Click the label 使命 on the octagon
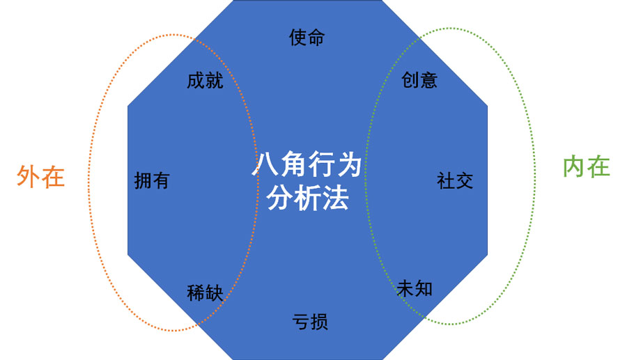tap(307, 38)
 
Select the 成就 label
tap(205, 80)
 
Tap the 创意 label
tap(419, 80)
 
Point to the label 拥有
tap(151, 181)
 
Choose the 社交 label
tap(455, 181)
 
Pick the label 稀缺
tap(205, 293)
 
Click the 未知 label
tap(415, 288)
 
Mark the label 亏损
tap(310, 322)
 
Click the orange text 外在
tap(40, 177)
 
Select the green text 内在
tap(586, 167)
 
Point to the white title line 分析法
tap(307, 199)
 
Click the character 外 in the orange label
tap(29, 177)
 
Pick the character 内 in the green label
tap(574, 167)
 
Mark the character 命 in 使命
tap(316, 38)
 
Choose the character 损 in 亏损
tap(319, 322)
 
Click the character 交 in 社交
tap(464, 181)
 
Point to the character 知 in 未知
tap(424, 288)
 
